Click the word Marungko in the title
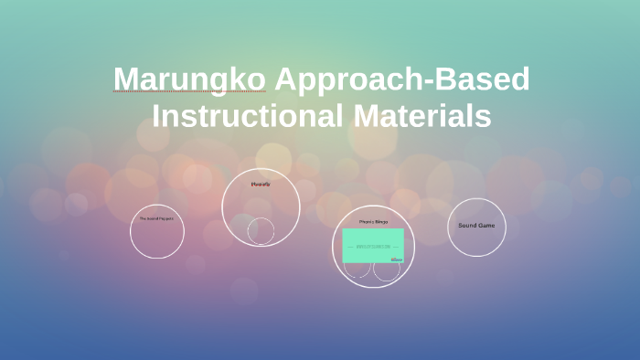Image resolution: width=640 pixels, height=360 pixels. coord(189,80)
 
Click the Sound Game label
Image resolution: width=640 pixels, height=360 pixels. coord(476,225)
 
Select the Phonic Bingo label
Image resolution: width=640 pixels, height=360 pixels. coord(372,221)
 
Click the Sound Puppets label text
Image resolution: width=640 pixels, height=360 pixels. coord(156,218)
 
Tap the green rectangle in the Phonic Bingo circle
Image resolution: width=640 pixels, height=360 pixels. coord(372,245)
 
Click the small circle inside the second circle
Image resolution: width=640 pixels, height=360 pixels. coord(261,231)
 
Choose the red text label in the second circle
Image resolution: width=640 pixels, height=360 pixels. coord(261,185)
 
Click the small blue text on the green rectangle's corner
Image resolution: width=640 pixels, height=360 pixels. coord(397,259)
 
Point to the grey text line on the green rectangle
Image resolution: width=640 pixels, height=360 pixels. coord(372,246)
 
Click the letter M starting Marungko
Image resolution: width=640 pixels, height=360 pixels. coord(125,80)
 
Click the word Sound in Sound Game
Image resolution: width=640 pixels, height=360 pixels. coord(467,225)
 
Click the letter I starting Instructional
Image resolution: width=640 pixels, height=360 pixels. coord(157,117)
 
